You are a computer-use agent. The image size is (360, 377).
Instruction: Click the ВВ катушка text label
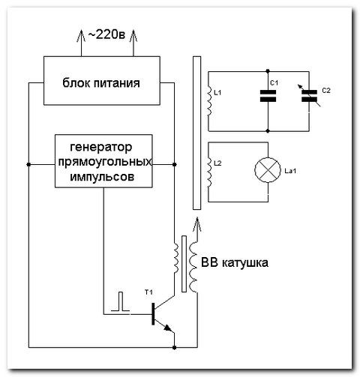(233, 263)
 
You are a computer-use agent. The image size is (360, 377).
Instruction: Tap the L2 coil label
(218, 162)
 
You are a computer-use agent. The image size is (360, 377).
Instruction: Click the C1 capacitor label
(274, 81)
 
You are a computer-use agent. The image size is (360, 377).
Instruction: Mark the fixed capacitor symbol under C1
(268, 96)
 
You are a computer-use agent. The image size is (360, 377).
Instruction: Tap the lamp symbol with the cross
(267, 172)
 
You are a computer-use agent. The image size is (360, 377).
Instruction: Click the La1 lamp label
(291, 172)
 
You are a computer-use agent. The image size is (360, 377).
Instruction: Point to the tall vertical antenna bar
(196, 130)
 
